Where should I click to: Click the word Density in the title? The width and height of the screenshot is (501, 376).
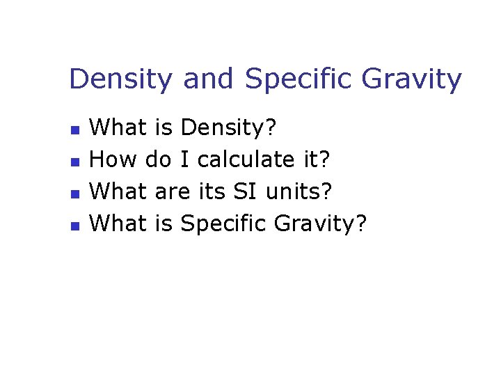(120, 79)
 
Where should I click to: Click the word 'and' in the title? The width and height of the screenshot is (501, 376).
(207, 79)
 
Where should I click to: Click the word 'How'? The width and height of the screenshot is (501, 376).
(114, 160)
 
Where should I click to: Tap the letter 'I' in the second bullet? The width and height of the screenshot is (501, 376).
(184, 160)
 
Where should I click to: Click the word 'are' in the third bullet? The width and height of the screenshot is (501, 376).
(172, 192)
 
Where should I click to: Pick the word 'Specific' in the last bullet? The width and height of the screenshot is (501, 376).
(223, 224)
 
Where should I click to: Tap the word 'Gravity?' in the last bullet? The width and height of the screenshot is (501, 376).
(320, 224)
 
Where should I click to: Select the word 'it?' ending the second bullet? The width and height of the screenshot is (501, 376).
(318, 160)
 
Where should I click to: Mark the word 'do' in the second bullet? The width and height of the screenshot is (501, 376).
(159, 160)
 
